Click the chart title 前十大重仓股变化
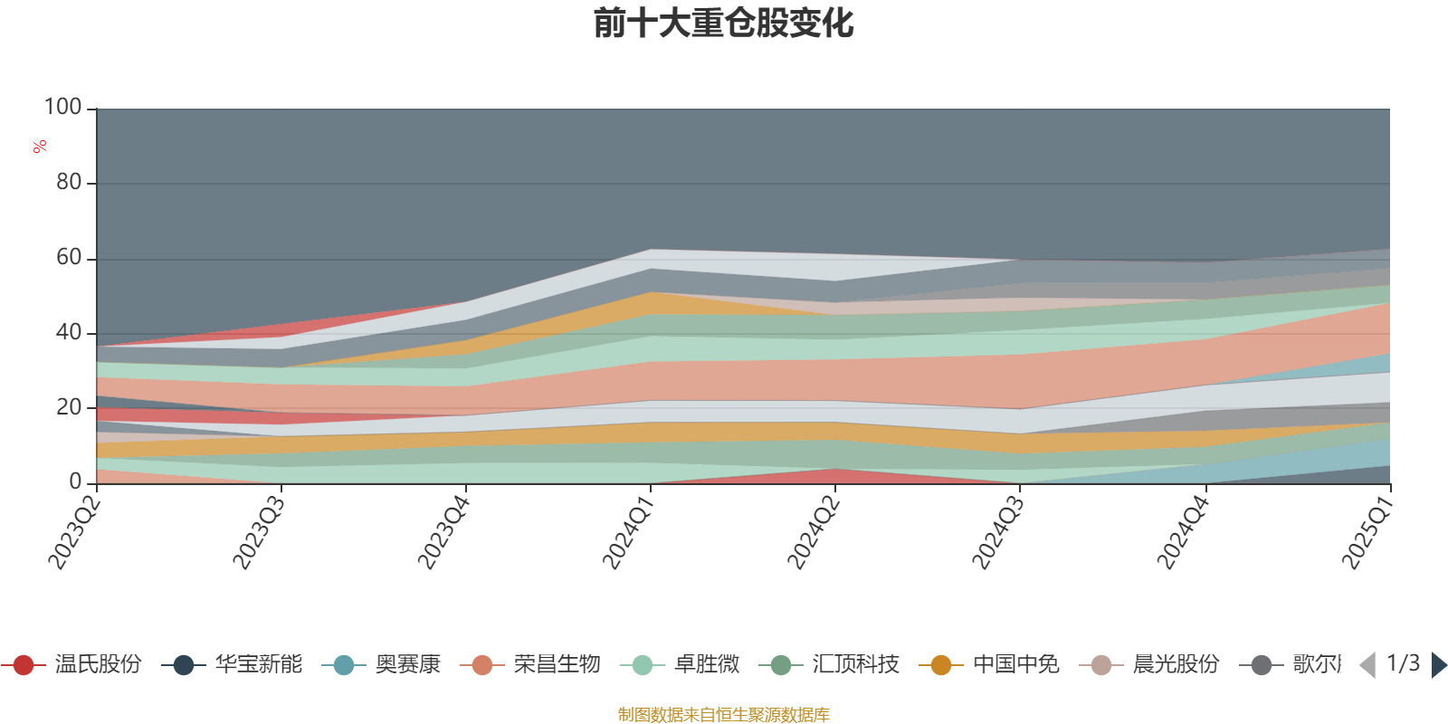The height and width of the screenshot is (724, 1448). click(x=724, y=24)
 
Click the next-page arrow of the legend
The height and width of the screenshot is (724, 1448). click(x=1438, y=665)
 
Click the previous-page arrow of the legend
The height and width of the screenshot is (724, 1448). click(x=1367, y=665)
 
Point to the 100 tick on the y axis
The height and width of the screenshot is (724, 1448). click(x=63, y=108)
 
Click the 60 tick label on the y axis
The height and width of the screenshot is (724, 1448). click(x=69, y=258)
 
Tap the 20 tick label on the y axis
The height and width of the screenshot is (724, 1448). click(x=69, y=407)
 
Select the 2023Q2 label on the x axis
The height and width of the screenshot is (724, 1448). click(x=74, y=529)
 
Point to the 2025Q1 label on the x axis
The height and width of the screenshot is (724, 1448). click(x=1367, y=529)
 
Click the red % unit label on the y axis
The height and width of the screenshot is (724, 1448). click(x=40, y=147)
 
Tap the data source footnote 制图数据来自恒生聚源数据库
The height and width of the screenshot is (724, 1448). click(x=724, y=715)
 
